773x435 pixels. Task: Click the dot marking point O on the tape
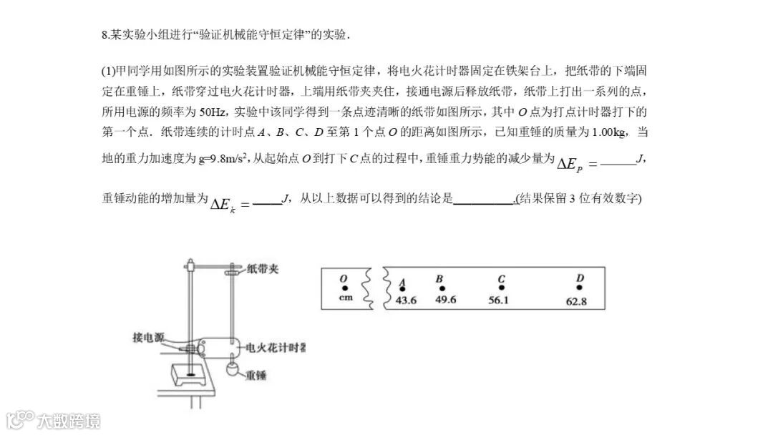coord(344,288)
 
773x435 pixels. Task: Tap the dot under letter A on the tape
coord(402,289)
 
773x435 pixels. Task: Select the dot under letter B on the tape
coord(442,288)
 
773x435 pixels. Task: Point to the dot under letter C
coord(501,288)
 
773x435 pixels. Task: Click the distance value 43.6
coord(406,300)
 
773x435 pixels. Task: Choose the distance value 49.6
coord(445,300)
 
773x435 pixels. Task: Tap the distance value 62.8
coord(576,301)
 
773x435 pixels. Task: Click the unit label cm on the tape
coord(346,298)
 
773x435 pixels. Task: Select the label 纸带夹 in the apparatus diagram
coord(263,269)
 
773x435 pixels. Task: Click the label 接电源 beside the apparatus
coord(149,336)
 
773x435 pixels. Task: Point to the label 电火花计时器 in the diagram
coord(276,348)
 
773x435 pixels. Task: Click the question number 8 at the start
coord(104,35)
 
